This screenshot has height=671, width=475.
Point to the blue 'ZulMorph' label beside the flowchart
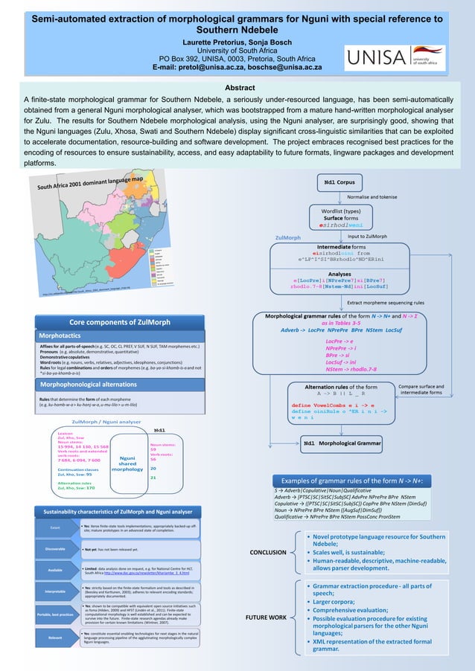288,238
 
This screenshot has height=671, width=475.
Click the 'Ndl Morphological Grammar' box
342,443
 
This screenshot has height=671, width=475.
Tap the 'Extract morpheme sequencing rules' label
386,304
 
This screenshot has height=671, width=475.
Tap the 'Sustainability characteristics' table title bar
117,513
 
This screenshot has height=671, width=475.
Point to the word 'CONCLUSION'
266,552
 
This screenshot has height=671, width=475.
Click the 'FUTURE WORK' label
266,618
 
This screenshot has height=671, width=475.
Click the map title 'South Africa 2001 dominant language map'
91,173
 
